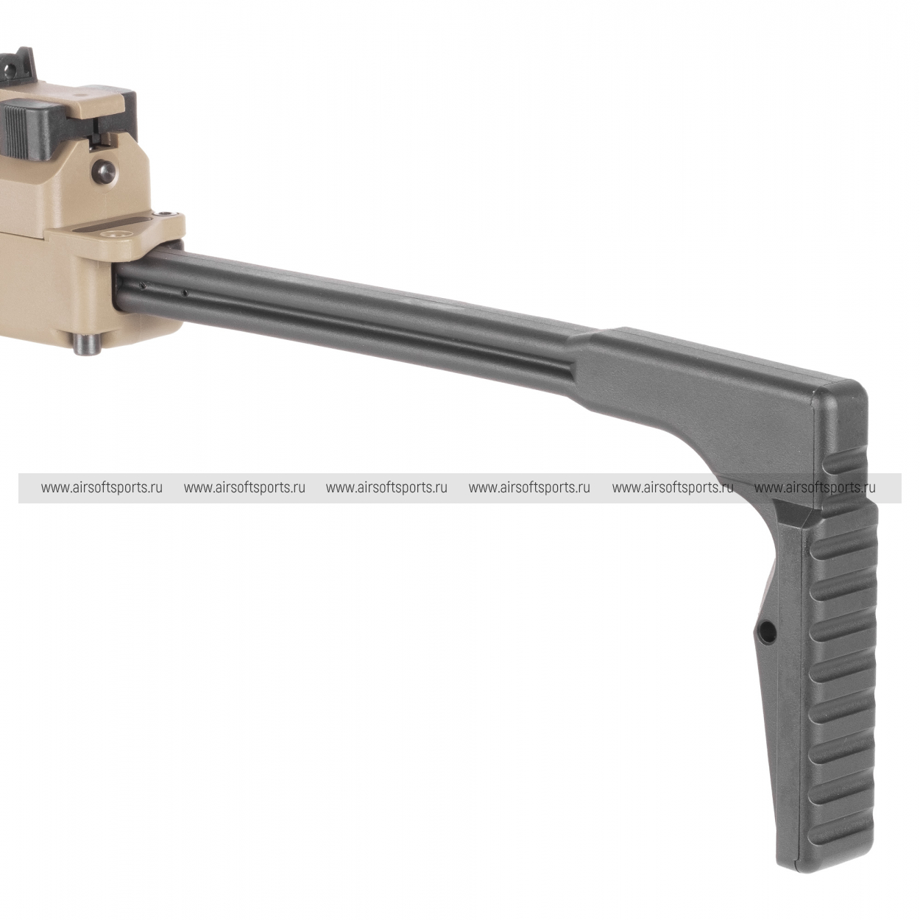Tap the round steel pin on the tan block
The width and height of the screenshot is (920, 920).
pyautogui.click(x=104, y=168)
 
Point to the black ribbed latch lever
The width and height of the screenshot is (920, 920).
pyautogui.click(x=29, y=127)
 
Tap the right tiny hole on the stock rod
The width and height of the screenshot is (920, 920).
pyautogui.click(x=185, y=292)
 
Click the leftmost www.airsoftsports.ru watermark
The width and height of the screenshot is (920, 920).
pyautogui.click(x=102, y=488)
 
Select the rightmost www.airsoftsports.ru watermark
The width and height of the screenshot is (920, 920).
pyautogui.click(x=815, y=488)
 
